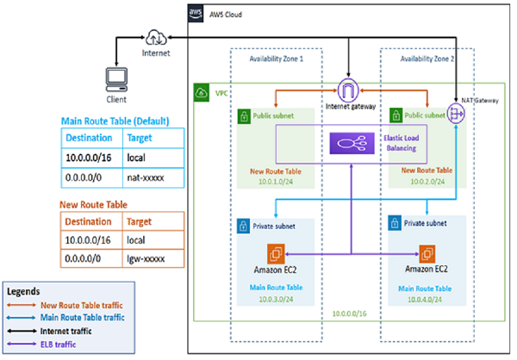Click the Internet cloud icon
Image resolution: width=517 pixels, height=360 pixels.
click(x=158, y=37)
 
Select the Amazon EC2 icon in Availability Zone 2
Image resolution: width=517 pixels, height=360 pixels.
click(x=427, y=254)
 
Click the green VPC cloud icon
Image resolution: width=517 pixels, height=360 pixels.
click(x=200, y=92)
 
